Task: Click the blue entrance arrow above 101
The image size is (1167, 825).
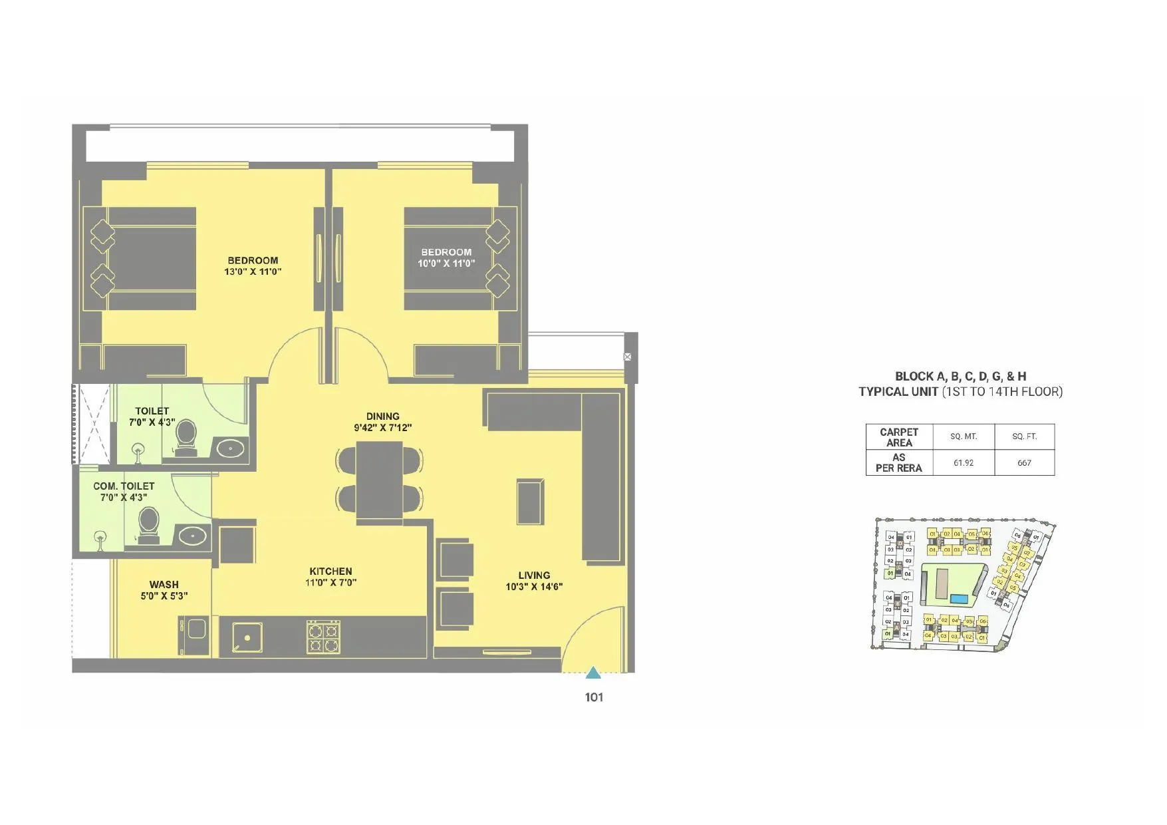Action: tap(593, 673)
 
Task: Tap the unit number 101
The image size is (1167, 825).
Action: tap(594, 697)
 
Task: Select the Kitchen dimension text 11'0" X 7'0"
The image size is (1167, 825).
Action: tap(331, 583)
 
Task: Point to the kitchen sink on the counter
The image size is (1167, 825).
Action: tap(247, 637)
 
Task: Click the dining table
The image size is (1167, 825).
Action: tap(379, 480)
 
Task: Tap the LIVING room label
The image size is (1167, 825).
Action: tap(534, 576)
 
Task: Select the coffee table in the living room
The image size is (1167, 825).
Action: tap(530, 501)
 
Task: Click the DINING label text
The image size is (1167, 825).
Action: tap(382, 416)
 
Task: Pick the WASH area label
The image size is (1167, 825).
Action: tap(164, 585)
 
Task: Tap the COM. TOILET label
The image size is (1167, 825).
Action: tap(124, 486)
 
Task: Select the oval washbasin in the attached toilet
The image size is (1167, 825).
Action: tap(230, 448)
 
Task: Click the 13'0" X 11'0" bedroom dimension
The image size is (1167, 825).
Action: tap(253, 271)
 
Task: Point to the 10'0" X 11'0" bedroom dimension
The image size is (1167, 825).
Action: tap(446, 263)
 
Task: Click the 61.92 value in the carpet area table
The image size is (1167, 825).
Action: tap(964, 463)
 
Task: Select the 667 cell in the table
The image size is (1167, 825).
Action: tap(1024, 463)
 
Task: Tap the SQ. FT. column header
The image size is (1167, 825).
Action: tap(1024, 436)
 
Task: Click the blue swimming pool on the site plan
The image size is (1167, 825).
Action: tap(958, 599)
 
